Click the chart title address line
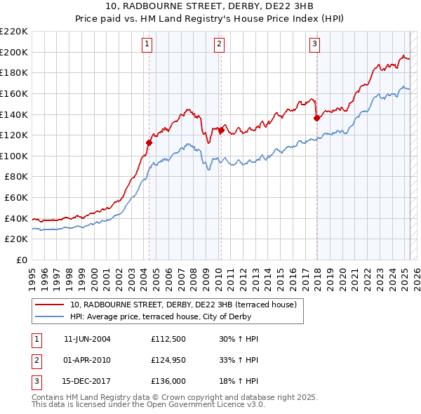pos(210,6)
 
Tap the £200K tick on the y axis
pos(14,52)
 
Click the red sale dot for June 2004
pos(149,142)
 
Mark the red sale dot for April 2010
pos(220,130)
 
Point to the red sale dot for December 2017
pos(316,118)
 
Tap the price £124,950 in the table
pos(166,361)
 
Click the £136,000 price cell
pos(166,382)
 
